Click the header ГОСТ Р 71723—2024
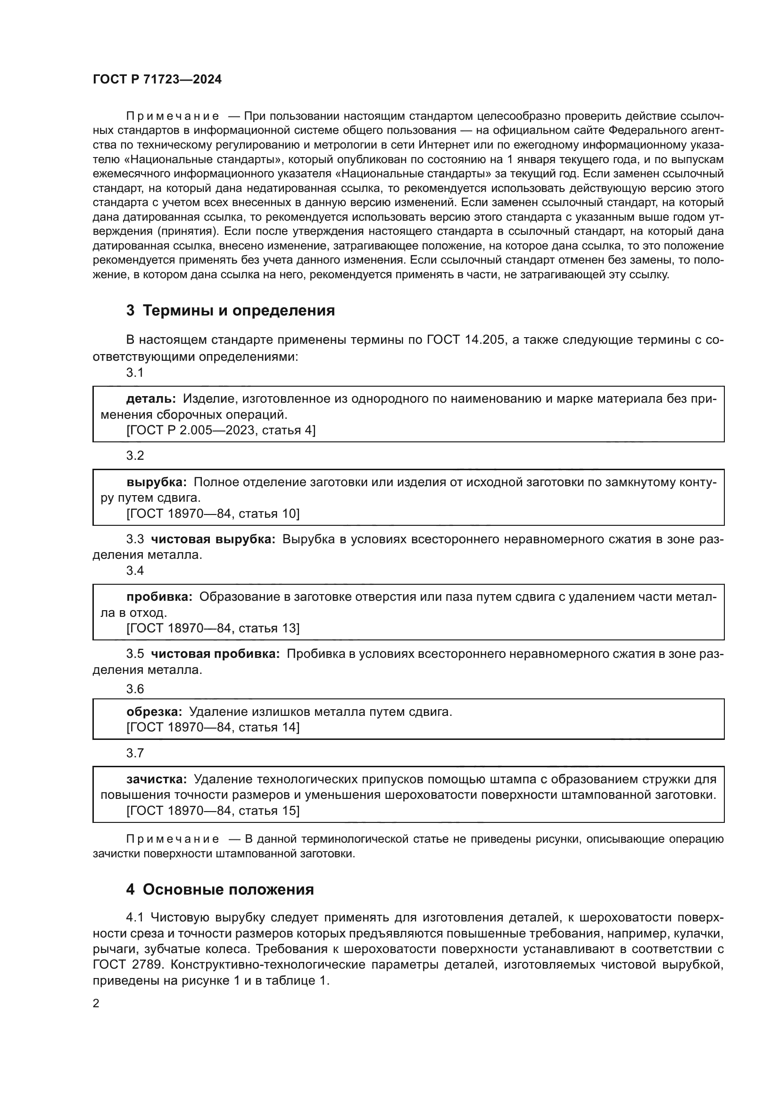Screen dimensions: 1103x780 (157, 79)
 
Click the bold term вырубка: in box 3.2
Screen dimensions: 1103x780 (157, 482)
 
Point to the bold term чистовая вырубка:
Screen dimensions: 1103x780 (213, 539)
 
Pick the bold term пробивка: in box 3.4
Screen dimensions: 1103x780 (159, 597)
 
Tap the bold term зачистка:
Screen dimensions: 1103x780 (157, 779)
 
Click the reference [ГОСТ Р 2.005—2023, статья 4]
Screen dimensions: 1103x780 (221, 431)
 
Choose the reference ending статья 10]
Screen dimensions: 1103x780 (213, 514)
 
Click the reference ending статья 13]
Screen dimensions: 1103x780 (213, 628)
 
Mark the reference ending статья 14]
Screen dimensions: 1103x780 (213, 727)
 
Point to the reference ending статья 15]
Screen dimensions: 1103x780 (213, 811)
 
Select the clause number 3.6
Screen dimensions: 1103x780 (135, 689)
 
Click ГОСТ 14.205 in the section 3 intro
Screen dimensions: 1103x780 (465, 340)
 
